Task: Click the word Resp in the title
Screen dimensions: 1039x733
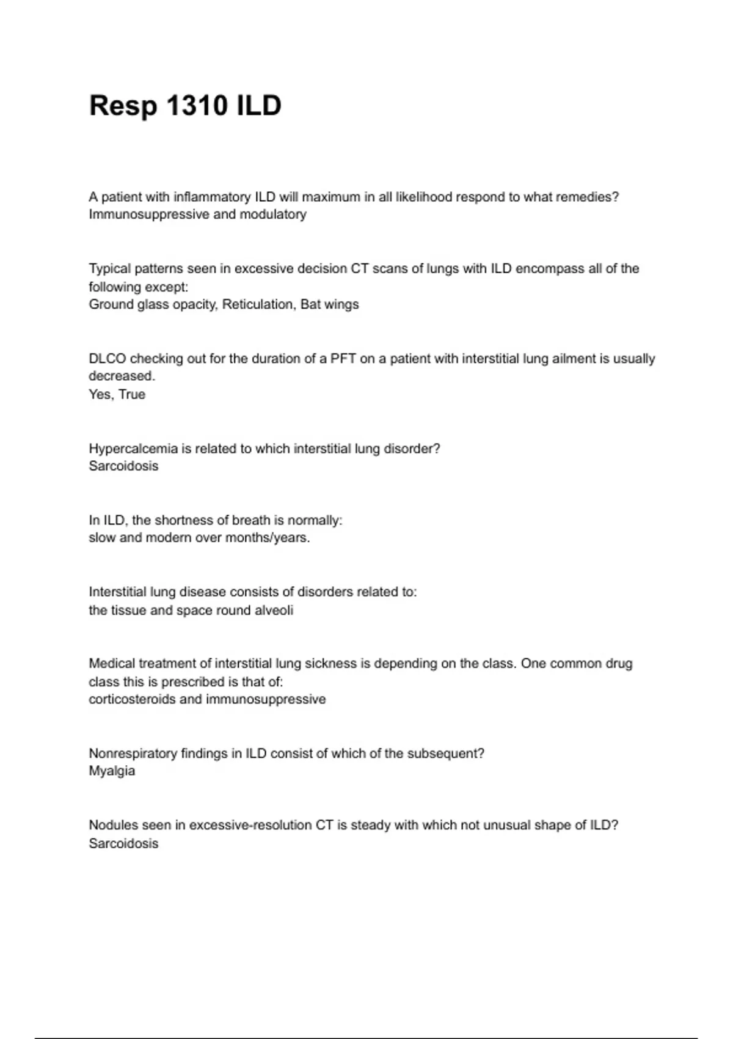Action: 123,106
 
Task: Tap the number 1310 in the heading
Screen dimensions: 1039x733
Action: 197,106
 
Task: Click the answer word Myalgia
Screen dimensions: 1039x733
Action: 112,771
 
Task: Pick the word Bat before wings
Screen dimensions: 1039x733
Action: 310,304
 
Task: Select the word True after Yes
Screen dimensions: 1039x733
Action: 132,394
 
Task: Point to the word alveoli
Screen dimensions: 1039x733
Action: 274,610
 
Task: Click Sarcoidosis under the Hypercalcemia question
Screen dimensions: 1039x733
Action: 123,466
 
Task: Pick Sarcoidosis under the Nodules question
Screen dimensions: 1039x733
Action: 123,843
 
